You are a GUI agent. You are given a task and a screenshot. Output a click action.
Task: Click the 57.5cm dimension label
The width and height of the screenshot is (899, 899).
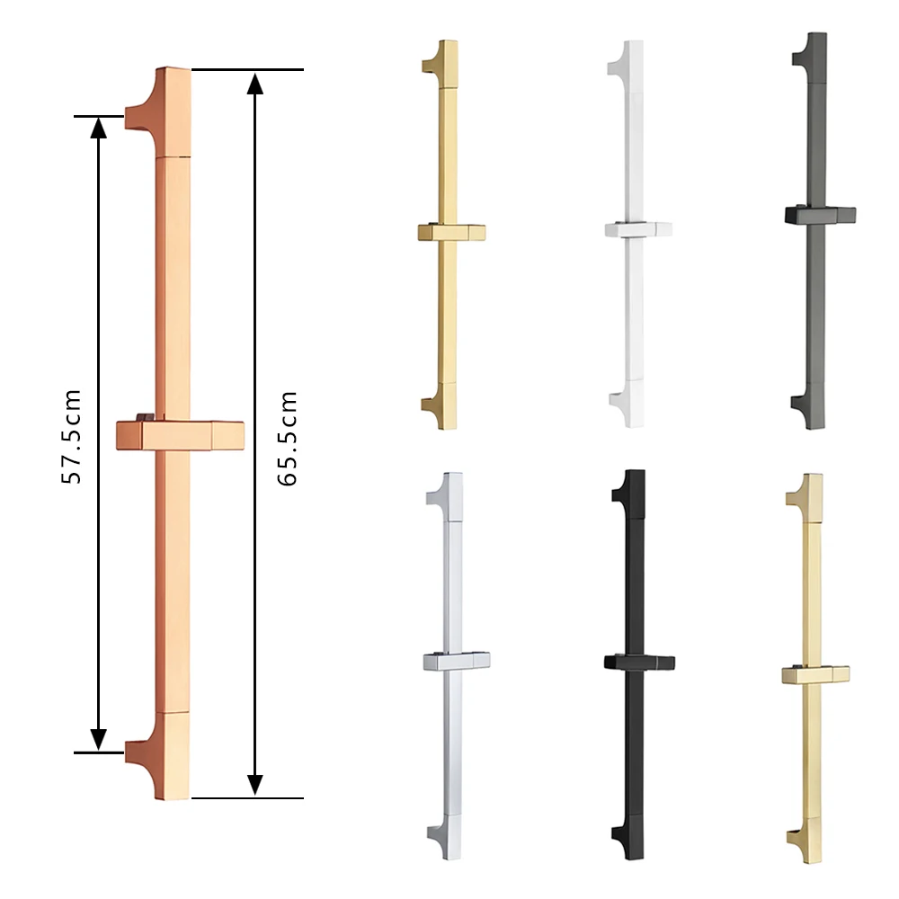point(71,436)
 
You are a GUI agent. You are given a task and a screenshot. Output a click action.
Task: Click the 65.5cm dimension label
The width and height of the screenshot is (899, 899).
point(286,439)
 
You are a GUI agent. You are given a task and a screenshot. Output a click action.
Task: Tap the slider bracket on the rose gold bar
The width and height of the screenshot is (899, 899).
point(180,434)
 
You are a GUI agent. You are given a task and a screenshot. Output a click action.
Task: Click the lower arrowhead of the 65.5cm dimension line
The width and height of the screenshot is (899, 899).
point(255,783)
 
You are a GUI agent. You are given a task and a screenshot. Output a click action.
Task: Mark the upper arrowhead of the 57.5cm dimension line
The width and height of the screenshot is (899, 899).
point(99,127)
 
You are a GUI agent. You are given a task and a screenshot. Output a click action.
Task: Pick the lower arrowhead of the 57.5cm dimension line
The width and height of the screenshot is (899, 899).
point(99,739)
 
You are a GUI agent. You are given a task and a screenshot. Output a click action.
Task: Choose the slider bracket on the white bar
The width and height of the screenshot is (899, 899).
point(637,229)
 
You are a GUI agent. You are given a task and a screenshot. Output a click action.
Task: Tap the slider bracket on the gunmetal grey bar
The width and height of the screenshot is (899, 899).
point(819,214)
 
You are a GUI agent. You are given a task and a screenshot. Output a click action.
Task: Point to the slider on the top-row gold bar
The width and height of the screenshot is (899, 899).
point(451,232)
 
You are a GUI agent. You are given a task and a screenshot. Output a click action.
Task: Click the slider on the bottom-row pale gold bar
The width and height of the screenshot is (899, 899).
point(815,674)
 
